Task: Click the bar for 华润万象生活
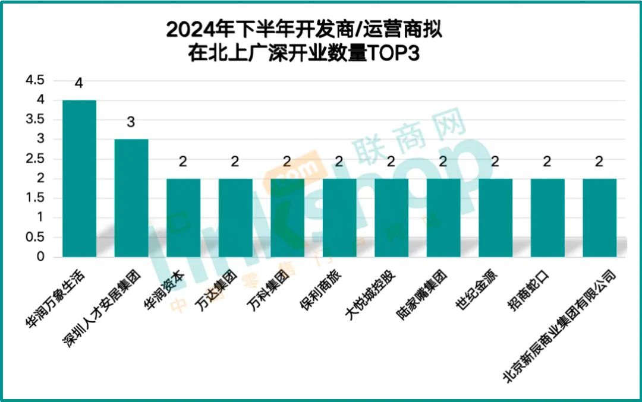79,178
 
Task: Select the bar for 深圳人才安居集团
131,198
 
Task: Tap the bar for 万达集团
235,217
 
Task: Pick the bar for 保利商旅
339,217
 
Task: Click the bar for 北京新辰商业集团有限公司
599,217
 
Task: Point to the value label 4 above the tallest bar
78,83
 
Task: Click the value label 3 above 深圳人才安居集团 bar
131,122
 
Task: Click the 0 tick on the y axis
40,257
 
